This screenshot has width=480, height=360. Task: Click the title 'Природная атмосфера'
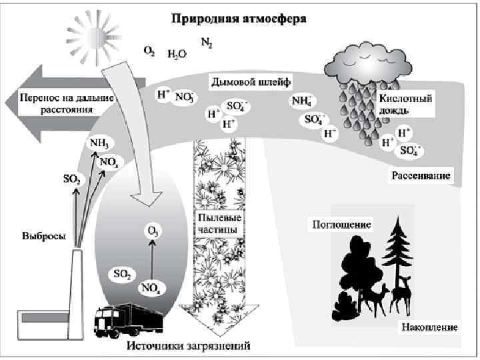239,19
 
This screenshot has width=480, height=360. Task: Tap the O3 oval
153,232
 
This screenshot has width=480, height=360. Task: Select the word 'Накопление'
429,327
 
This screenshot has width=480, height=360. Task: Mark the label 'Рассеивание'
421,176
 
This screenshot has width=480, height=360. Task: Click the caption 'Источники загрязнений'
189,346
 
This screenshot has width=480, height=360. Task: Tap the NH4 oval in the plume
301,101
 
